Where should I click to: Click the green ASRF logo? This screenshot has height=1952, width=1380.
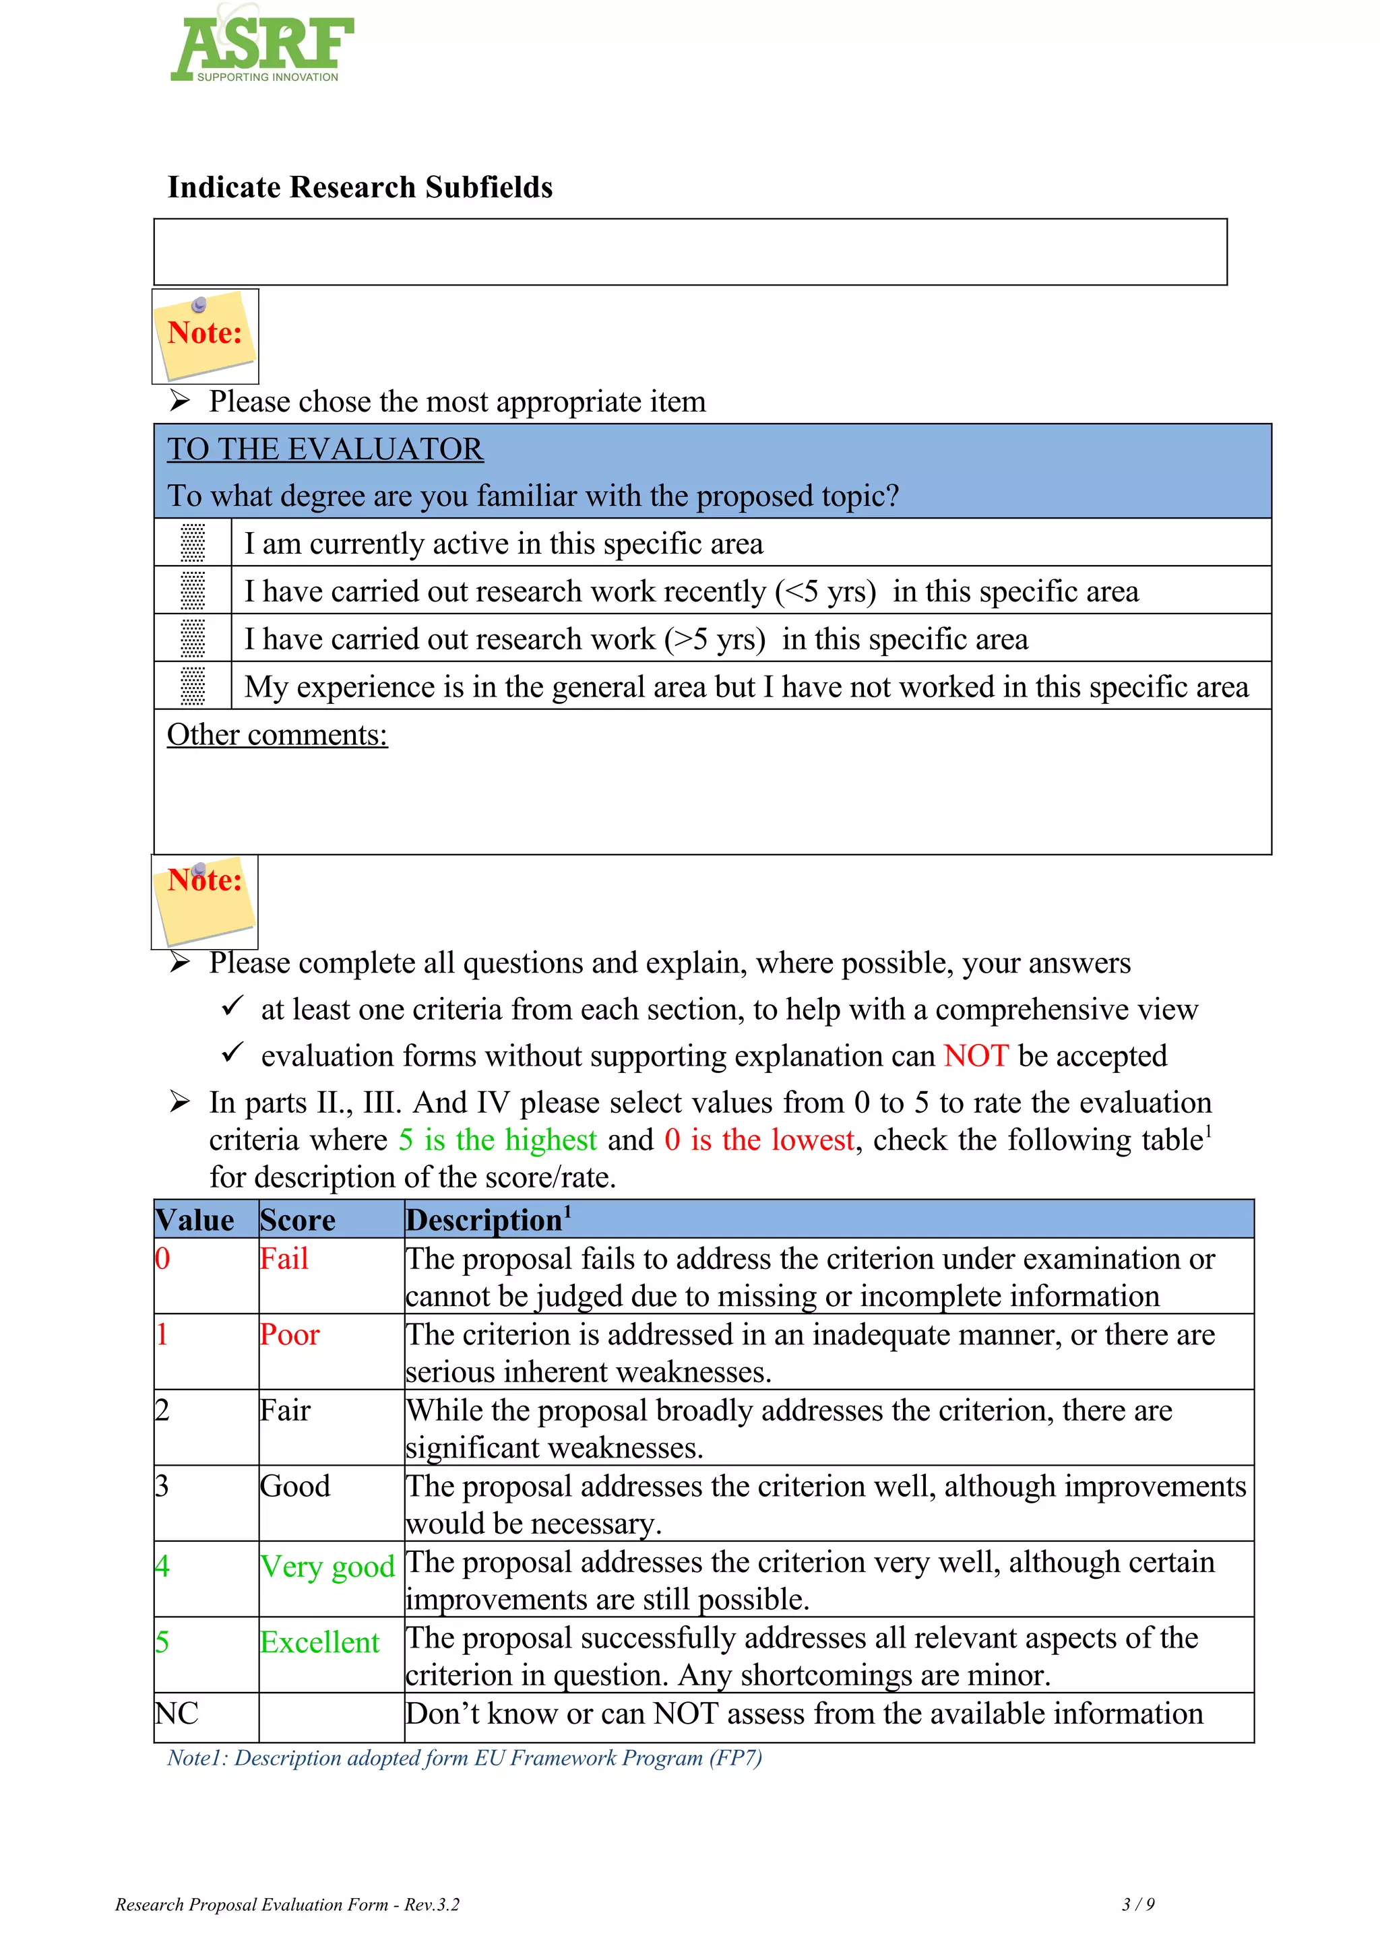(x=262, y=46)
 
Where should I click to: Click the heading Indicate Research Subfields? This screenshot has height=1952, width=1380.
(x=360, y=187)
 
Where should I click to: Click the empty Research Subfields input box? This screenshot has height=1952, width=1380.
(x=689, y=252)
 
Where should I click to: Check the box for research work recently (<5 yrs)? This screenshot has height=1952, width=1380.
(x=193, y=591)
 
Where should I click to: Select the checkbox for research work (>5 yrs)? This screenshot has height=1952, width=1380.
(x=193, y=639)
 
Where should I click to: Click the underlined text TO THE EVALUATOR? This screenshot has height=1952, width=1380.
(x=325, y=449)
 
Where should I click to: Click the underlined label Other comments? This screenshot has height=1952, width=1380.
(x=276, y=735)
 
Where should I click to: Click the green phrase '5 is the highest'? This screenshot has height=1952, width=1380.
(x=497, y=1140)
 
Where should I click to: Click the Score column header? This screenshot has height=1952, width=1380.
(x=298, y=1220)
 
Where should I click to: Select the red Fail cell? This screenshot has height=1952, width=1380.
(x=284, y=1259)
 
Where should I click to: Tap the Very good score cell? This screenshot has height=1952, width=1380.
(x=327, y=1567)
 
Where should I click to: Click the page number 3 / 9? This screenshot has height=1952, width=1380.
(x=1137, y=1904)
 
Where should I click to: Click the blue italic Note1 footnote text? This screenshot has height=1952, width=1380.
(x=464, y=1758)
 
